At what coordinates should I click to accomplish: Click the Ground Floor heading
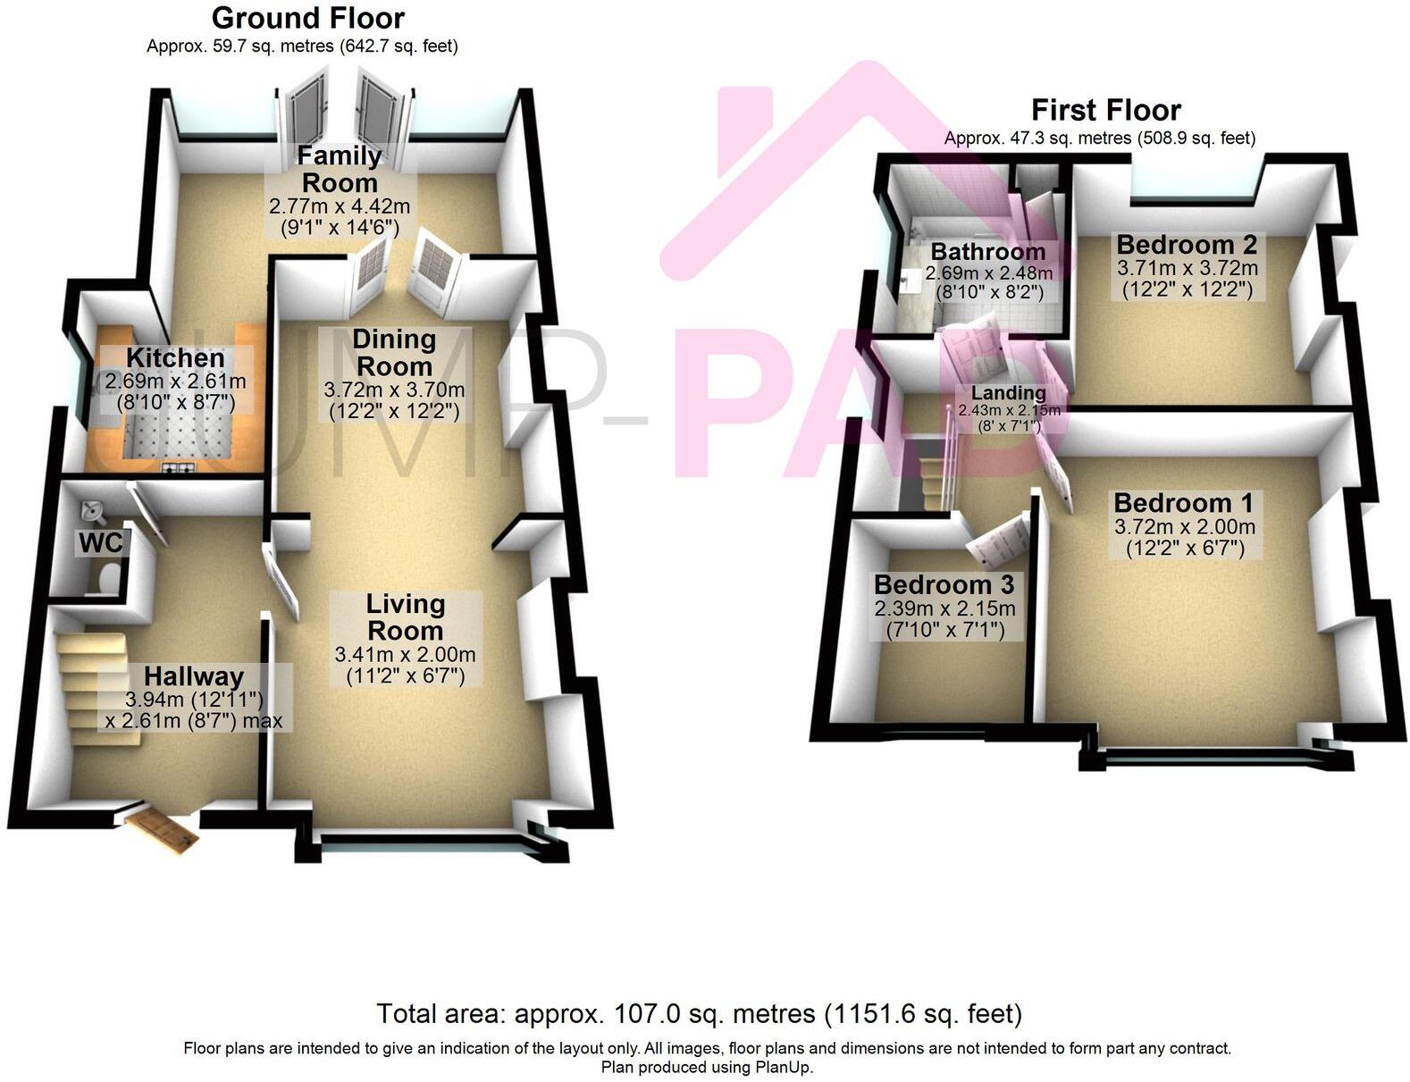pyautogui.click(x=307, y=18)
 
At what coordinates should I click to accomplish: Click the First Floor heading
pyautogui.click(x=1105, y=110)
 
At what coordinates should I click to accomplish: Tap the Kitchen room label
pyautogui.click(x=175, y=357)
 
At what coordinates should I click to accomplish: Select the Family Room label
pyautogui.click(x=339, y=169)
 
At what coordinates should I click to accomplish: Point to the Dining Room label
pyautogui.click(x=393, y=353)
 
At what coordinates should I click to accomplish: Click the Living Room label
pyautogui.click(x=405, y=616)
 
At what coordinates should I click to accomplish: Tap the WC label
pyautogui.click(x=100, y=542)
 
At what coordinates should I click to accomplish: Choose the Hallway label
pyautogui.click(x=193, y=676)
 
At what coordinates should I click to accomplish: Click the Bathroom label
pyautogui.click(x=987, y=252)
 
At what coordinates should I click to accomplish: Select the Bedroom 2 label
pyautogui.click(x=1187, y=244)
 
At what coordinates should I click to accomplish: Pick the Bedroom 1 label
pyautogui.click(x=1183, y=502)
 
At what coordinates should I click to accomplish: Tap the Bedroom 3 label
pyautogui.click(x=944, y=584)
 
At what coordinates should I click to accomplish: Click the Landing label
pyautogui.click(x=1009, y=393)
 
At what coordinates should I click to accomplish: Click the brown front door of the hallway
pyautogui.click(x=162, y=829)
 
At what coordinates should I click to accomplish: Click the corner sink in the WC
pyautogui.click(x=92, y=512)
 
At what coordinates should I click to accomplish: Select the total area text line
pyautogui.click(x=699, y=1014)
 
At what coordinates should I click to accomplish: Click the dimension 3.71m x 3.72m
pyautogui.click(x=1188, y=268)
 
